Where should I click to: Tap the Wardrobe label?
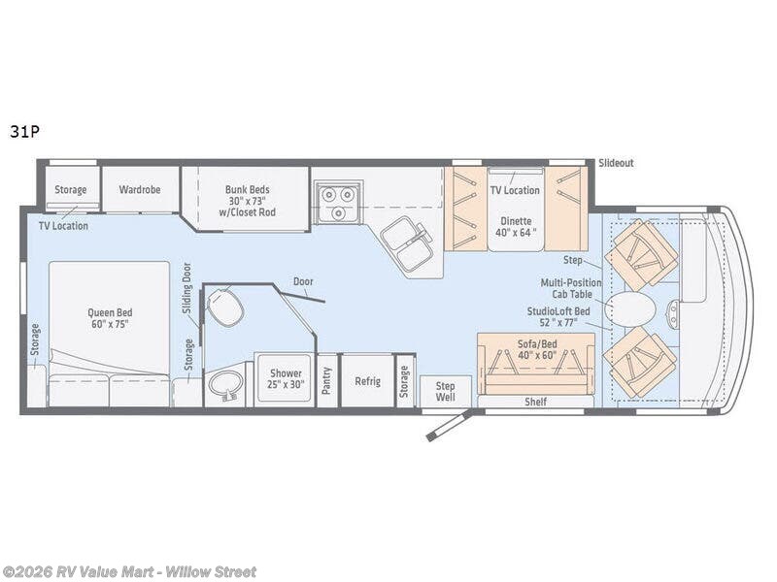click(140, 189)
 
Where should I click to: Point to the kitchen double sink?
click(407, 244)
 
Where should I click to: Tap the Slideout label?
click(616, 163)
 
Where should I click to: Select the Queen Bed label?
click(110, 318)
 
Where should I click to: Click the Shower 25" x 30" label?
click(286, 378)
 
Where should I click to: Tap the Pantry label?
click(327, 380)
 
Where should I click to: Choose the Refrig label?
click(367, 381)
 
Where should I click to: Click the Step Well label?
click(445, 391)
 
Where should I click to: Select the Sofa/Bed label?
click(535, 348)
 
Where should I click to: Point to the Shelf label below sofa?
click(535, 402)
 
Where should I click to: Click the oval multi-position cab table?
click(632, 310)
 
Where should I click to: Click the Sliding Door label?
click(186, 288)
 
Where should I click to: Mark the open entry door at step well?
click(448, 424)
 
